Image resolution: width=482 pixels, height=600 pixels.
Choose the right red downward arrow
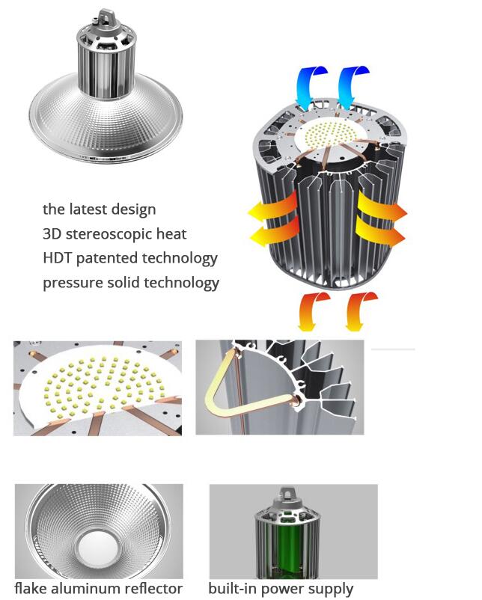pyautogui.click(x=359, y=310)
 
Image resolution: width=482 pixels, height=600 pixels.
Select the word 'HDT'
pyautogui.click(x=57, y=258)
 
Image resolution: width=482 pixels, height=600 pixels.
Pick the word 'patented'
pyautogui.click(x=107, y=259)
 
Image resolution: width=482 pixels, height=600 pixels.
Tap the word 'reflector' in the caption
pyautogui.click(x=155, y=588)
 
